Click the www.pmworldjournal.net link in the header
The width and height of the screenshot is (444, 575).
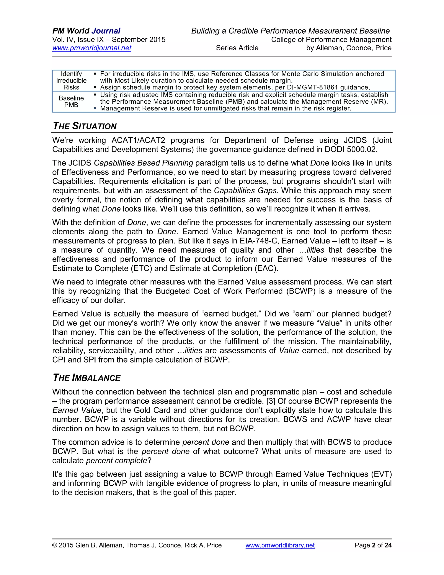pos(91,48)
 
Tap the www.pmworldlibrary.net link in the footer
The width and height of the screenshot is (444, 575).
pos(280,545)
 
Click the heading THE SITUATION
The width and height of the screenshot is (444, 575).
pos(85,126)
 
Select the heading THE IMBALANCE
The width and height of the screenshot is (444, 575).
pos(87,378)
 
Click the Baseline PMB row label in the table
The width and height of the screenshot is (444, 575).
pos(71,102)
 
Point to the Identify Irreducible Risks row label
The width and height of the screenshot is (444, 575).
pos(71,80)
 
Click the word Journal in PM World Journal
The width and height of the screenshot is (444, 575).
pos(106,31)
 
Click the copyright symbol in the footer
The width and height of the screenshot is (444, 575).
pos(55,545)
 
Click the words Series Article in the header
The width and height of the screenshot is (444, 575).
pos(237,48)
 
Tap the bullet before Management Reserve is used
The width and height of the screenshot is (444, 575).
pos(95,108)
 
